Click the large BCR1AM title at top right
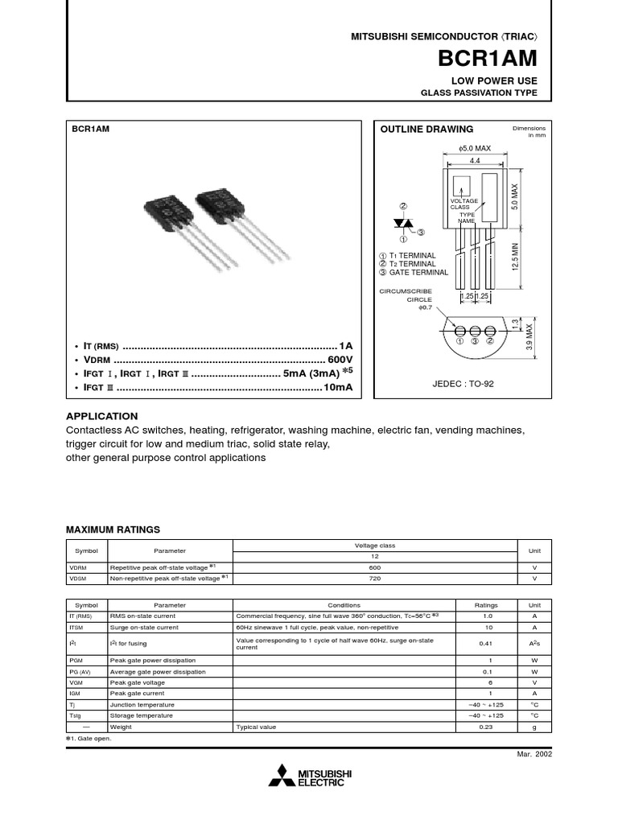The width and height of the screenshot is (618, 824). (487, 59)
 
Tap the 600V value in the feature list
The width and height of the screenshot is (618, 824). (340, 359)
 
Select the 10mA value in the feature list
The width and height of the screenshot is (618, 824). (338, 388)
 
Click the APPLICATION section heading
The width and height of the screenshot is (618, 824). (101, 416)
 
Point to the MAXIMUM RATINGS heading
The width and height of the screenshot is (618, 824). (113, 529)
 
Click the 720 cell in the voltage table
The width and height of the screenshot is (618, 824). (374, 578)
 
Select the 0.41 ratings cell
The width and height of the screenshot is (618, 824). (485, 643)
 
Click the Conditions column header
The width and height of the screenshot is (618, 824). (344, 605)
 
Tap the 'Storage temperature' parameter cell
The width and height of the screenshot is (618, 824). (141, 715)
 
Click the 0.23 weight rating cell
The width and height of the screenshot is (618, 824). (485, 727)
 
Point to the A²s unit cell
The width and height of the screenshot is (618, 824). (534, 643)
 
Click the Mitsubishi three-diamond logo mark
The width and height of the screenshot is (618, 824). (282, 777)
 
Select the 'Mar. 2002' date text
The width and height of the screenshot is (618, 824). (534, 753)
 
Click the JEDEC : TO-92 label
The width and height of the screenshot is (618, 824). (463, 384)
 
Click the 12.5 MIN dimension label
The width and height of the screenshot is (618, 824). (516, 256)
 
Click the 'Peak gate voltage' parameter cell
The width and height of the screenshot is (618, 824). (138, 682)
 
